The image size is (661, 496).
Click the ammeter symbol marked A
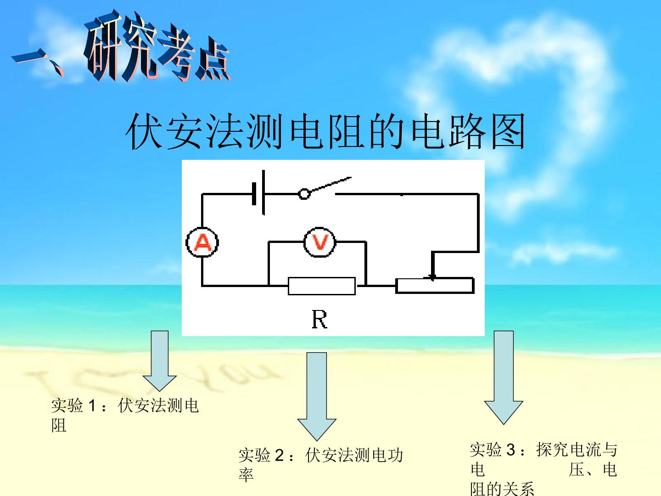pyautogui.click(x=202, y=242)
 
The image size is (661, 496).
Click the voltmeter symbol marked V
pyautogui.click(x=319, y=242)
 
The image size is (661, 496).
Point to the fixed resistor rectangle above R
pyautogui.click(x=322, y=286)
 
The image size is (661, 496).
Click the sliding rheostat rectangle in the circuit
pyautogui.click(x=435, y=286)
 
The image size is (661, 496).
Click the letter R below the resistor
pyautogui.click(x=319, y=320)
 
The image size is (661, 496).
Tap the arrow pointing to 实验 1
pyautogui.click(x=160, y=361)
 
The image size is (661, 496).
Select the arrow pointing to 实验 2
pyautogui.click(x=317, y=397)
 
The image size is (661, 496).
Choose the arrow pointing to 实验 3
pyautogui.click(x=504, y=378)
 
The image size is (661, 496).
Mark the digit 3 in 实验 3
pyautogui.click(x=511, y=450)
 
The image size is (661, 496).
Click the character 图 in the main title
pyautogui.click(x=509, y=131)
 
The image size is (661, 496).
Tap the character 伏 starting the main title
pyautogui.click(x=143, y=131)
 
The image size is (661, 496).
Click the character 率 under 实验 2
pyautogui.click(x=246, y=475)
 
